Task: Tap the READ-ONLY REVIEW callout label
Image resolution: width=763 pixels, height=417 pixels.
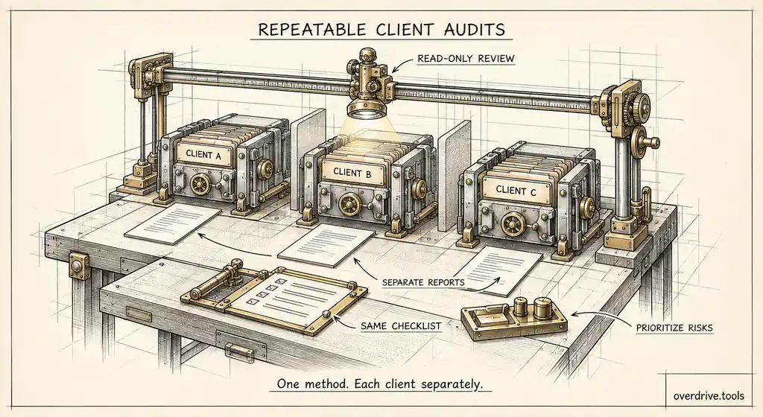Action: coord(466,59)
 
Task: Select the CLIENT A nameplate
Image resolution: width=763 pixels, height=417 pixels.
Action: coord(203,155)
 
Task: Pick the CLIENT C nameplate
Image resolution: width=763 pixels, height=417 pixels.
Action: coord(516,191)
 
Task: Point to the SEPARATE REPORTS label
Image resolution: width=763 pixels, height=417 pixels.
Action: coord(423,282)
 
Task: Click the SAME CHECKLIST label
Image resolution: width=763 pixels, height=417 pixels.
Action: coord(401,326)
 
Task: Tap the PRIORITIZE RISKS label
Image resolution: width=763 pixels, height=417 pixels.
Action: coord(674,328)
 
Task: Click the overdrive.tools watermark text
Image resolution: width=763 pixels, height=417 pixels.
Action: coord(709,395)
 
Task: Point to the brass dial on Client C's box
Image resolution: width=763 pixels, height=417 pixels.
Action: coord(511,225)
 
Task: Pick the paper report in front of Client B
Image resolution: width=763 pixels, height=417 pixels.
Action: coord(326,245)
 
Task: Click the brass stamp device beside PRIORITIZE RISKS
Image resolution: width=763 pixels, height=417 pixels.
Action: coord(514,319)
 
